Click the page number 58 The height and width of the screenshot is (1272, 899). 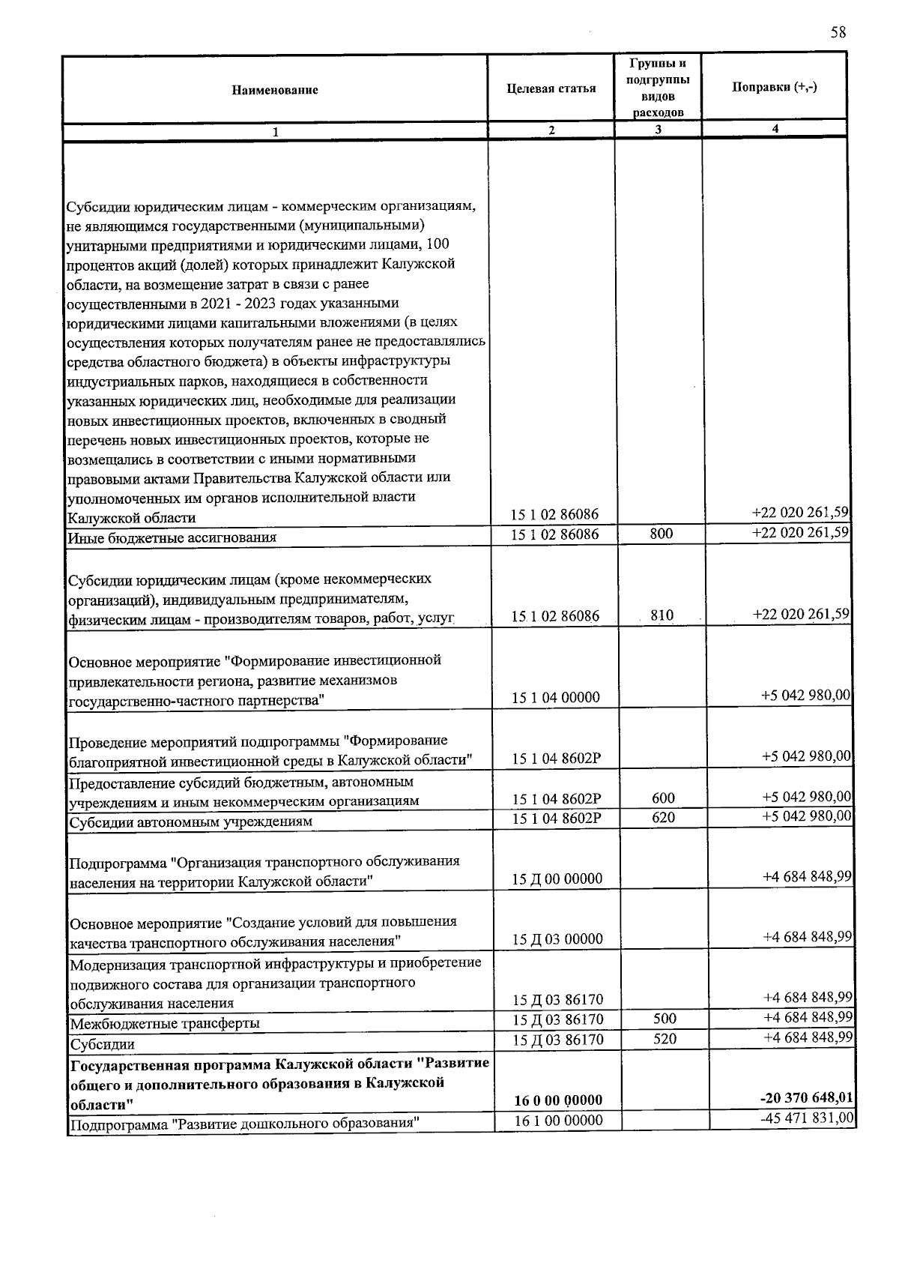(x=838, y=32)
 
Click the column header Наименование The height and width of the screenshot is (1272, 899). (x=275, y=90)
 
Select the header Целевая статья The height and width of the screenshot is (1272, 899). (x=551, y=88)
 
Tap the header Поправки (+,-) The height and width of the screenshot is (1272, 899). (x=775, y=87)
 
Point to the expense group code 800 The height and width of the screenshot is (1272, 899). (x=662, y=534)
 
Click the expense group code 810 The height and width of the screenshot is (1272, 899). (x=662, y=615)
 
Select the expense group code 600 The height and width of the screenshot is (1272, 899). (x=663, y=798)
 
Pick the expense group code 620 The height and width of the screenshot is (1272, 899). (x=663, y=818)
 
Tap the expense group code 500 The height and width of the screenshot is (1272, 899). (x=665, y=1019)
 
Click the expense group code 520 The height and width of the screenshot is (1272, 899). (x=665, y=1039)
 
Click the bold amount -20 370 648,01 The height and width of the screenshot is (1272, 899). (x=807, y=1098)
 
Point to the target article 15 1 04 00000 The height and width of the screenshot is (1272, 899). (x=555, y=698)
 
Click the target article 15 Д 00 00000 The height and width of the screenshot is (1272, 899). (x=557, y=878)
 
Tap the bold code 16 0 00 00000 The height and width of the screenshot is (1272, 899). (x=558, y=1100)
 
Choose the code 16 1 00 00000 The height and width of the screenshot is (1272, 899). (x=558, y=1120)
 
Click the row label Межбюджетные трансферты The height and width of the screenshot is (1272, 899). (x=165, y=1023)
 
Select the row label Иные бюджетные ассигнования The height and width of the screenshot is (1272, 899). (x=172, y=537)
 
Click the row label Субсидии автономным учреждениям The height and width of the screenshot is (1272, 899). (x=190, y=822)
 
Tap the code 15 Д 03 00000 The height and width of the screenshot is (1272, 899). (x=557, y=939)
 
